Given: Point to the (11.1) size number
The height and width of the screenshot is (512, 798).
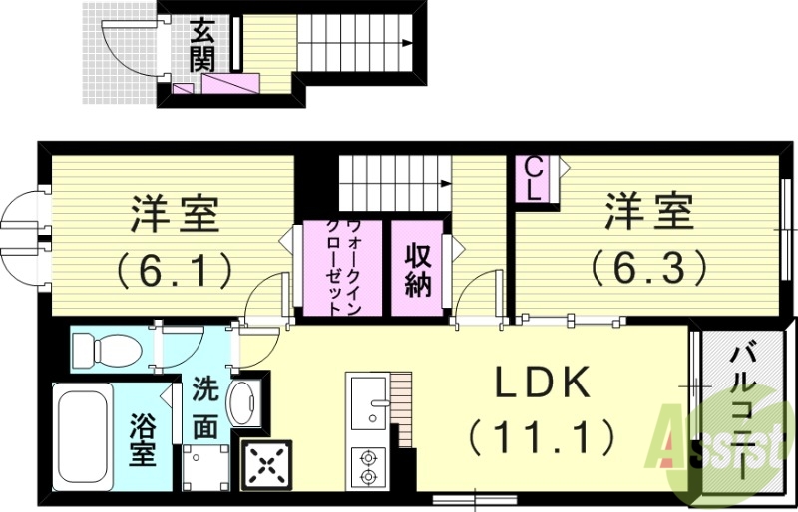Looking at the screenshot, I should coord(540,435).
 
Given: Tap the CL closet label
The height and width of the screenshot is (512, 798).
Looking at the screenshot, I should coord(534,180).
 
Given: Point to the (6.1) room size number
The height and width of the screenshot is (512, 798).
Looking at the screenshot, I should coord(175,267).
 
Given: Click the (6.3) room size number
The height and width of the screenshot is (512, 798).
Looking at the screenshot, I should coord(647,265).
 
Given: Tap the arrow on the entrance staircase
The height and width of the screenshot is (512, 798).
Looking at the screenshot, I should coord(407,43).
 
